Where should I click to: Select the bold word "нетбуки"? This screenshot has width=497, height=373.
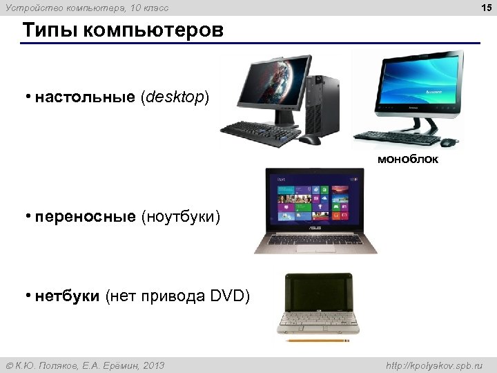68,297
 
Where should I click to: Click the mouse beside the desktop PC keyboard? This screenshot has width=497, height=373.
310,140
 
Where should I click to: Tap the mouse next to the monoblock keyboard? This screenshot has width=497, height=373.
449,142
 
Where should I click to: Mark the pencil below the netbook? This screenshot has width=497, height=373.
318,341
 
